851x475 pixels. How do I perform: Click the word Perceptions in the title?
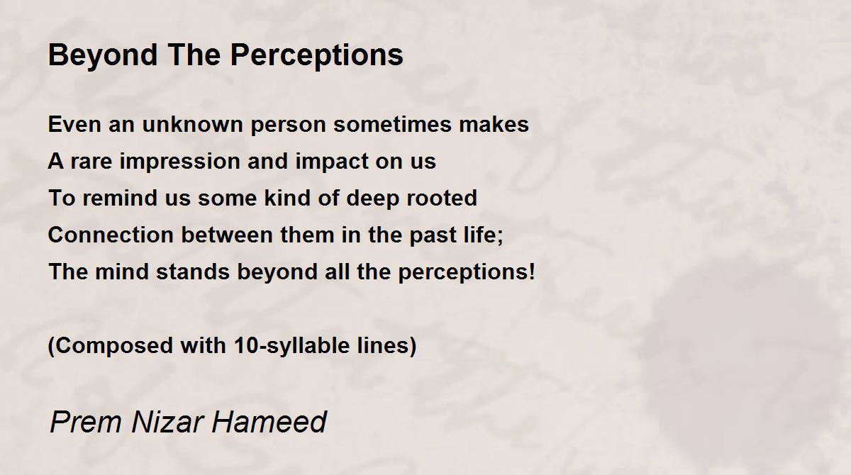pos(316,56)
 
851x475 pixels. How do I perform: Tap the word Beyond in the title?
pos(103,56)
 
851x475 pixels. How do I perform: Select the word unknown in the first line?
pos(192,124)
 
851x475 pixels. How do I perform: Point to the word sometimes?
pos(392,124)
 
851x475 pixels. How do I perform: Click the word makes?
pos(494,124)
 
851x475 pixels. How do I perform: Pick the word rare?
pos(91,162)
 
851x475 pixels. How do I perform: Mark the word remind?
pos(120,198)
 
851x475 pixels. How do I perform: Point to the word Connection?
pos(111,235)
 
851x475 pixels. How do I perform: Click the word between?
pos(227,235)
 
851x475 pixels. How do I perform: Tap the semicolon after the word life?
pos(500,238)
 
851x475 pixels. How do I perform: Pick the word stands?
pos(193,272)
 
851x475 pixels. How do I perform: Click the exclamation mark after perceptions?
pos(531,272)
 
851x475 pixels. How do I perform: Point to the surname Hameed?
pos(269,421)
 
